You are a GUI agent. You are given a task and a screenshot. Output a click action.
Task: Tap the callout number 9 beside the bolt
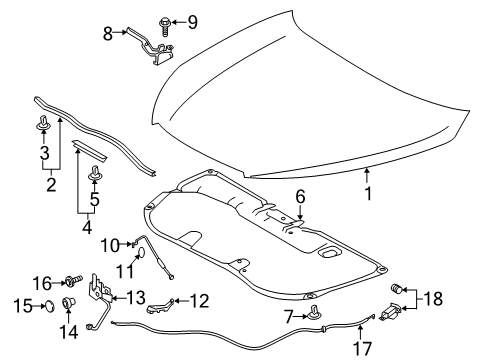tap(193, 21)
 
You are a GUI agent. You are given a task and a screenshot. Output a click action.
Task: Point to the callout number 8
tap(109, 33)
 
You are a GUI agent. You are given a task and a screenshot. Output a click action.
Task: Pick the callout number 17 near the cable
tap(364, 349)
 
